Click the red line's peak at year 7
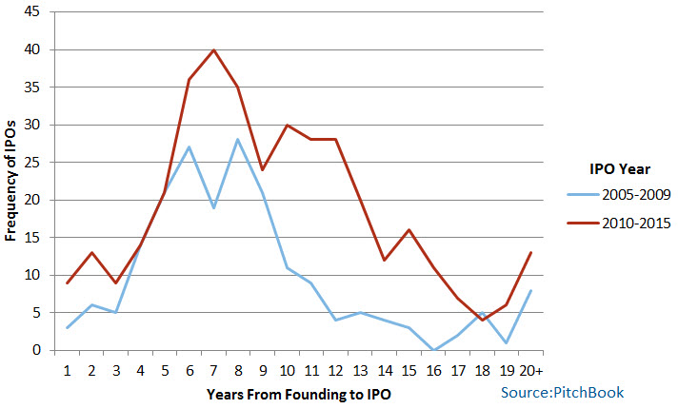coord(213,49)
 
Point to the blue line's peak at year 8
coord(238,140)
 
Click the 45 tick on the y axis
coord(34,12)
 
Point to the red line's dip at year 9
coord(263,169)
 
